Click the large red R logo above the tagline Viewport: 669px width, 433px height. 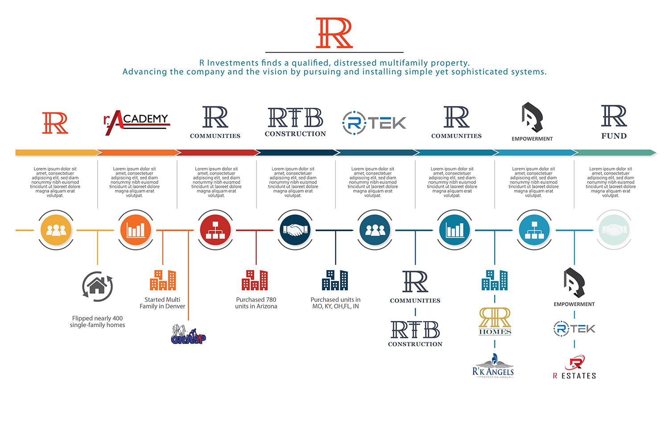coord(334,33)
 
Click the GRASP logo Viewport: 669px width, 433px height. coord(188,335)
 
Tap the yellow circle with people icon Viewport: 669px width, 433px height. coord(56,230)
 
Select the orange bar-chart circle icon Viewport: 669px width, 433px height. coord(136,230)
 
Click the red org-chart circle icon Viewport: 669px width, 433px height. coord(215,230)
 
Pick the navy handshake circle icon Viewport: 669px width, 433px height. coord(295,230)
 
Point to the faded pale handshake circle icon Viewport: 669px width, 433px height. coord(614,230)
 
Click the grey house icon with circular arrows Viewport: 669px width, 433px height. coord(97,286)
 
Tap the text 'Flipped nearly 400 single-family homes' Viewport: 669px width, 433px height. coord(97,321)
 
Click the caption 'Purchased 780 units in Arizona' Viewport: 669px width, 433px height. coord(256,303)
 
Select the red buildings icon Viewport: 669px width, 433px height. coord(255,280)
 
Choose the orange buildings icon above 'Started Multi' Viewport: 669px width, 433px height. coord(163,280)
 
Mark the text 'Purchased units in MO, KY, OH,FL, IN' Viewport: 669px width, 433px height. coord(335,303)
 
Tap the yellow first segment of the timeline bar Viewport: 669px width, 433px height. coord(56,153)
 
